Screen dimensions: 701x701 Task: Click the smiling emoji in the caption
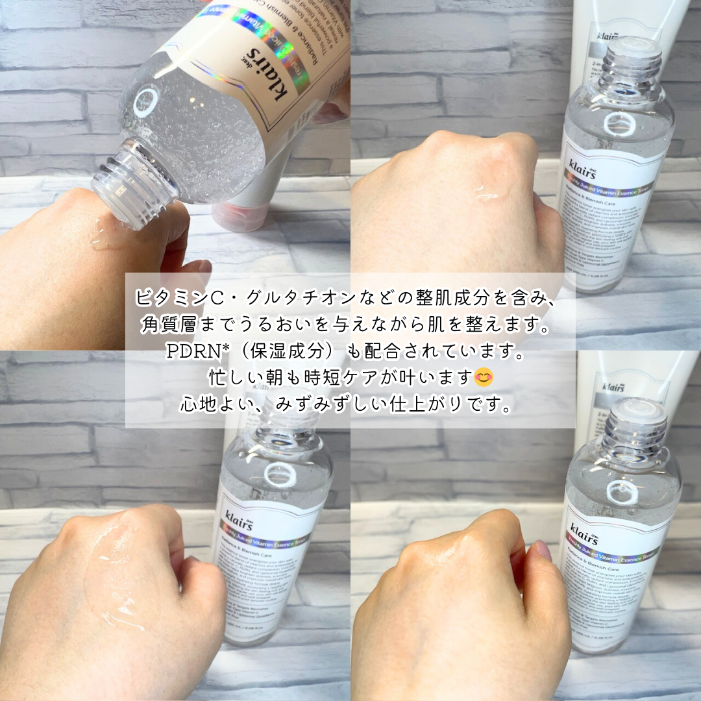[x=484, y=376]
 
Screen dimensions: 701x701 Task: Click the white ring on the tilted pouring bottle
[x=145, y=103]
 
